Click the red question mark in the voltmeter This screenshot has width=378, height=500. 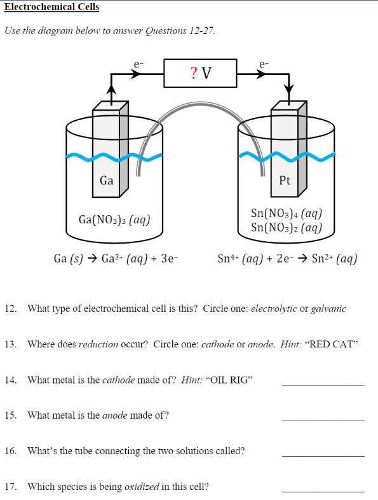tap(193, 73)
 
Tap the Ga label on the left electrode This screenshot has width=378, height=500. tap(106, 181)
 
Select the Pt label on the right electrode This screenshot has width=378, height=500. tap(285, 181)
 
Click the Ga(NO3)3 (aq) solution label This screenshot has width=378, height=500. tap(114, 219)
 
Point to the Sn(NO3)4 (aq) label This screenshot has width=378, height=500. tap(287, 213)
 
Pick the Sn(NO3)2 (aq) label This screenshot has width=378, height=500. tap(287, 227)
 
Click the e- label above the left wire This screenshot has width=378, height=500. tap(138, 64)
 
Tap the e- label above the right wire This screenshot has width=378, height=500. tap(264, 64)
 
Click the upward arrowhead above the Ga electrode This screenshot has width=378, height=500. tap(111, 90)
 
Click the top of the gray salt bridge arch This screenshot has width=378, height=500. tap(200, 104)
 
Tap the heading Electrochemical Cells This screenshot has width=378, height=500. tap(52, 7)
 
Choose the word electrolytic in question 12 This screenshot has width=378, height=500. tap(274, 309)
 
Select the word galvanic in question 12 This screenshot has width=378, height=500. tap(328, 309)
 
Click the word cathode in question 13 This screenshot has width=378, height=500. tap(217, 344)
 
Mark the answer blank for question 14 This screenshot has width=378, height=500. tap(323, 385)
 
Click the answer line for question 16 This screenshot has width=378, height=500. tap(323, 456)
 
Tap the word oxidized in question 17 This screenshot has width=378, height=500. tap(142, 487)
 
